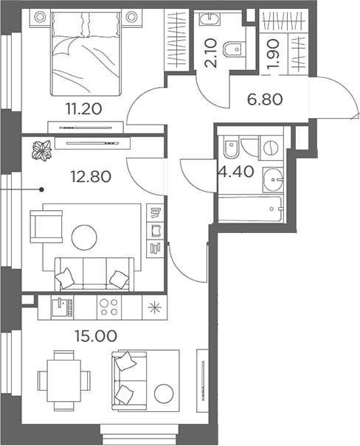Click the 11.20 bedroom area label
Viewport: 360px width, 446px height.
83,108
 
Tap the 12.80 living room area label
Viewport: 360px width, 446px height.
91,177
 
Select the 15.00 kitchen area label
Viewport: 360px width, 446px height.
96,336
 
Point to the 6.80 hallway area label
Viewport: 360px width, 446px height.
265,100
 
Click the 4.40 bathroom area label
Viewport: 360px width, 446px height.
236,172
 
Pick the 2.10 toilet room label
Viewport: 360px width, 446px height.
212,53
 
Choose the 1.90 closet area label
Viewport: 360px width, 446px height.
274,54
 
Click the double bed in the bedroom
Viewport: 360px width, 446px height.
86,52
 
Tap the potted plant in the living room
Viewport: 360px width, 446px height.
41,150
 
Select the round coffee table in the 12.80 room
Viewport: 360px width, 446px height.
84,237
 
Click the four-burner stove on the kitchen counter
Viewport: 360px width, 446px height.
109,307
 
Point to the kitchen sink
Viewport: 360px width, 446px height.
62,307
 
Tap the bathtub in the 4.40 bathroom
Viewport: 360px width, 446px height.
251,209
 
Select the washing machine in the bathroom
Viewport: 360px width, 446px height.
271,147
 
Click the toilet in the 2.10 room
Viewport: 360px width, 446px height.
235,49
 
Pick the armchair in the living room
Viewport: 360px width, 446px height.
46,226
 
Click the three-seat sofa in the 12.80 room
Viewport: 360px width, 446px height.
94,274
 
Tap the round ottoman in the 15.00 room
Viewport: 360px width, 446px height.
164,394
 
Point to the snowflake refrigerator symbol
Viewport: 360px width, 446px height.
156,307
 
